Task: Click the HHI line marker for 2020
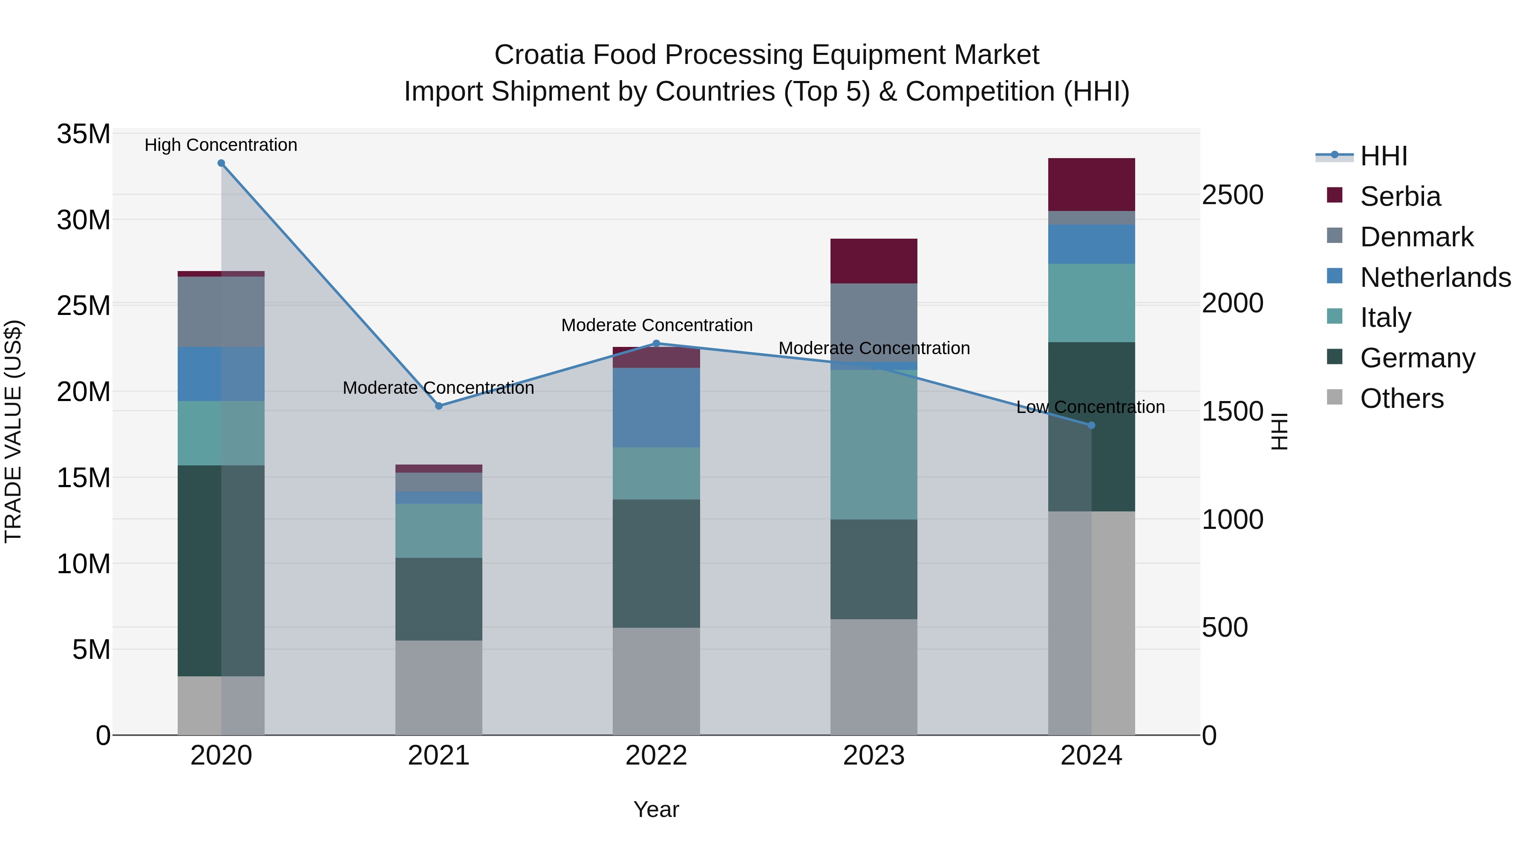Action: [x=221, y=163]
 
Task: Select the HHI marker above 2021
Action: [x=439, y=406]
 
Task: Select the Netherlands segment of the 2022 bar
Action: [x=656, y=407]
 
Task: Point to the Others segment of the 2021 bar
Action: [x=439, y=687]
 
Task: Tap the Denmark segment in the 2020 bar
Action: [x=221, y=312]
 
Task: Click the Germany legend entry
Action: [x=1417, y=358]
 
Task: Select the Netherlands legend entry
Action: [x=1435, y=277]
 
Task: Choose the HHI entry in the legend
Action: [x=1383, y=156]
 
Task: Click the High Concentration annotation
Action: [x=221, y=145]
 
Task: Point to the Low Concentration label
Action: [x=1090, y=407]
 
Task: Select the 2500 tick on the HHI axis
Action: [x=1232, y=195]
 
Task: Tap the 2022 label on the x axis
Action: [x=656, y=756]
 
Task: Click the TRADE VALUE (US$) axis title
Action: [x=13, y=431]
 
